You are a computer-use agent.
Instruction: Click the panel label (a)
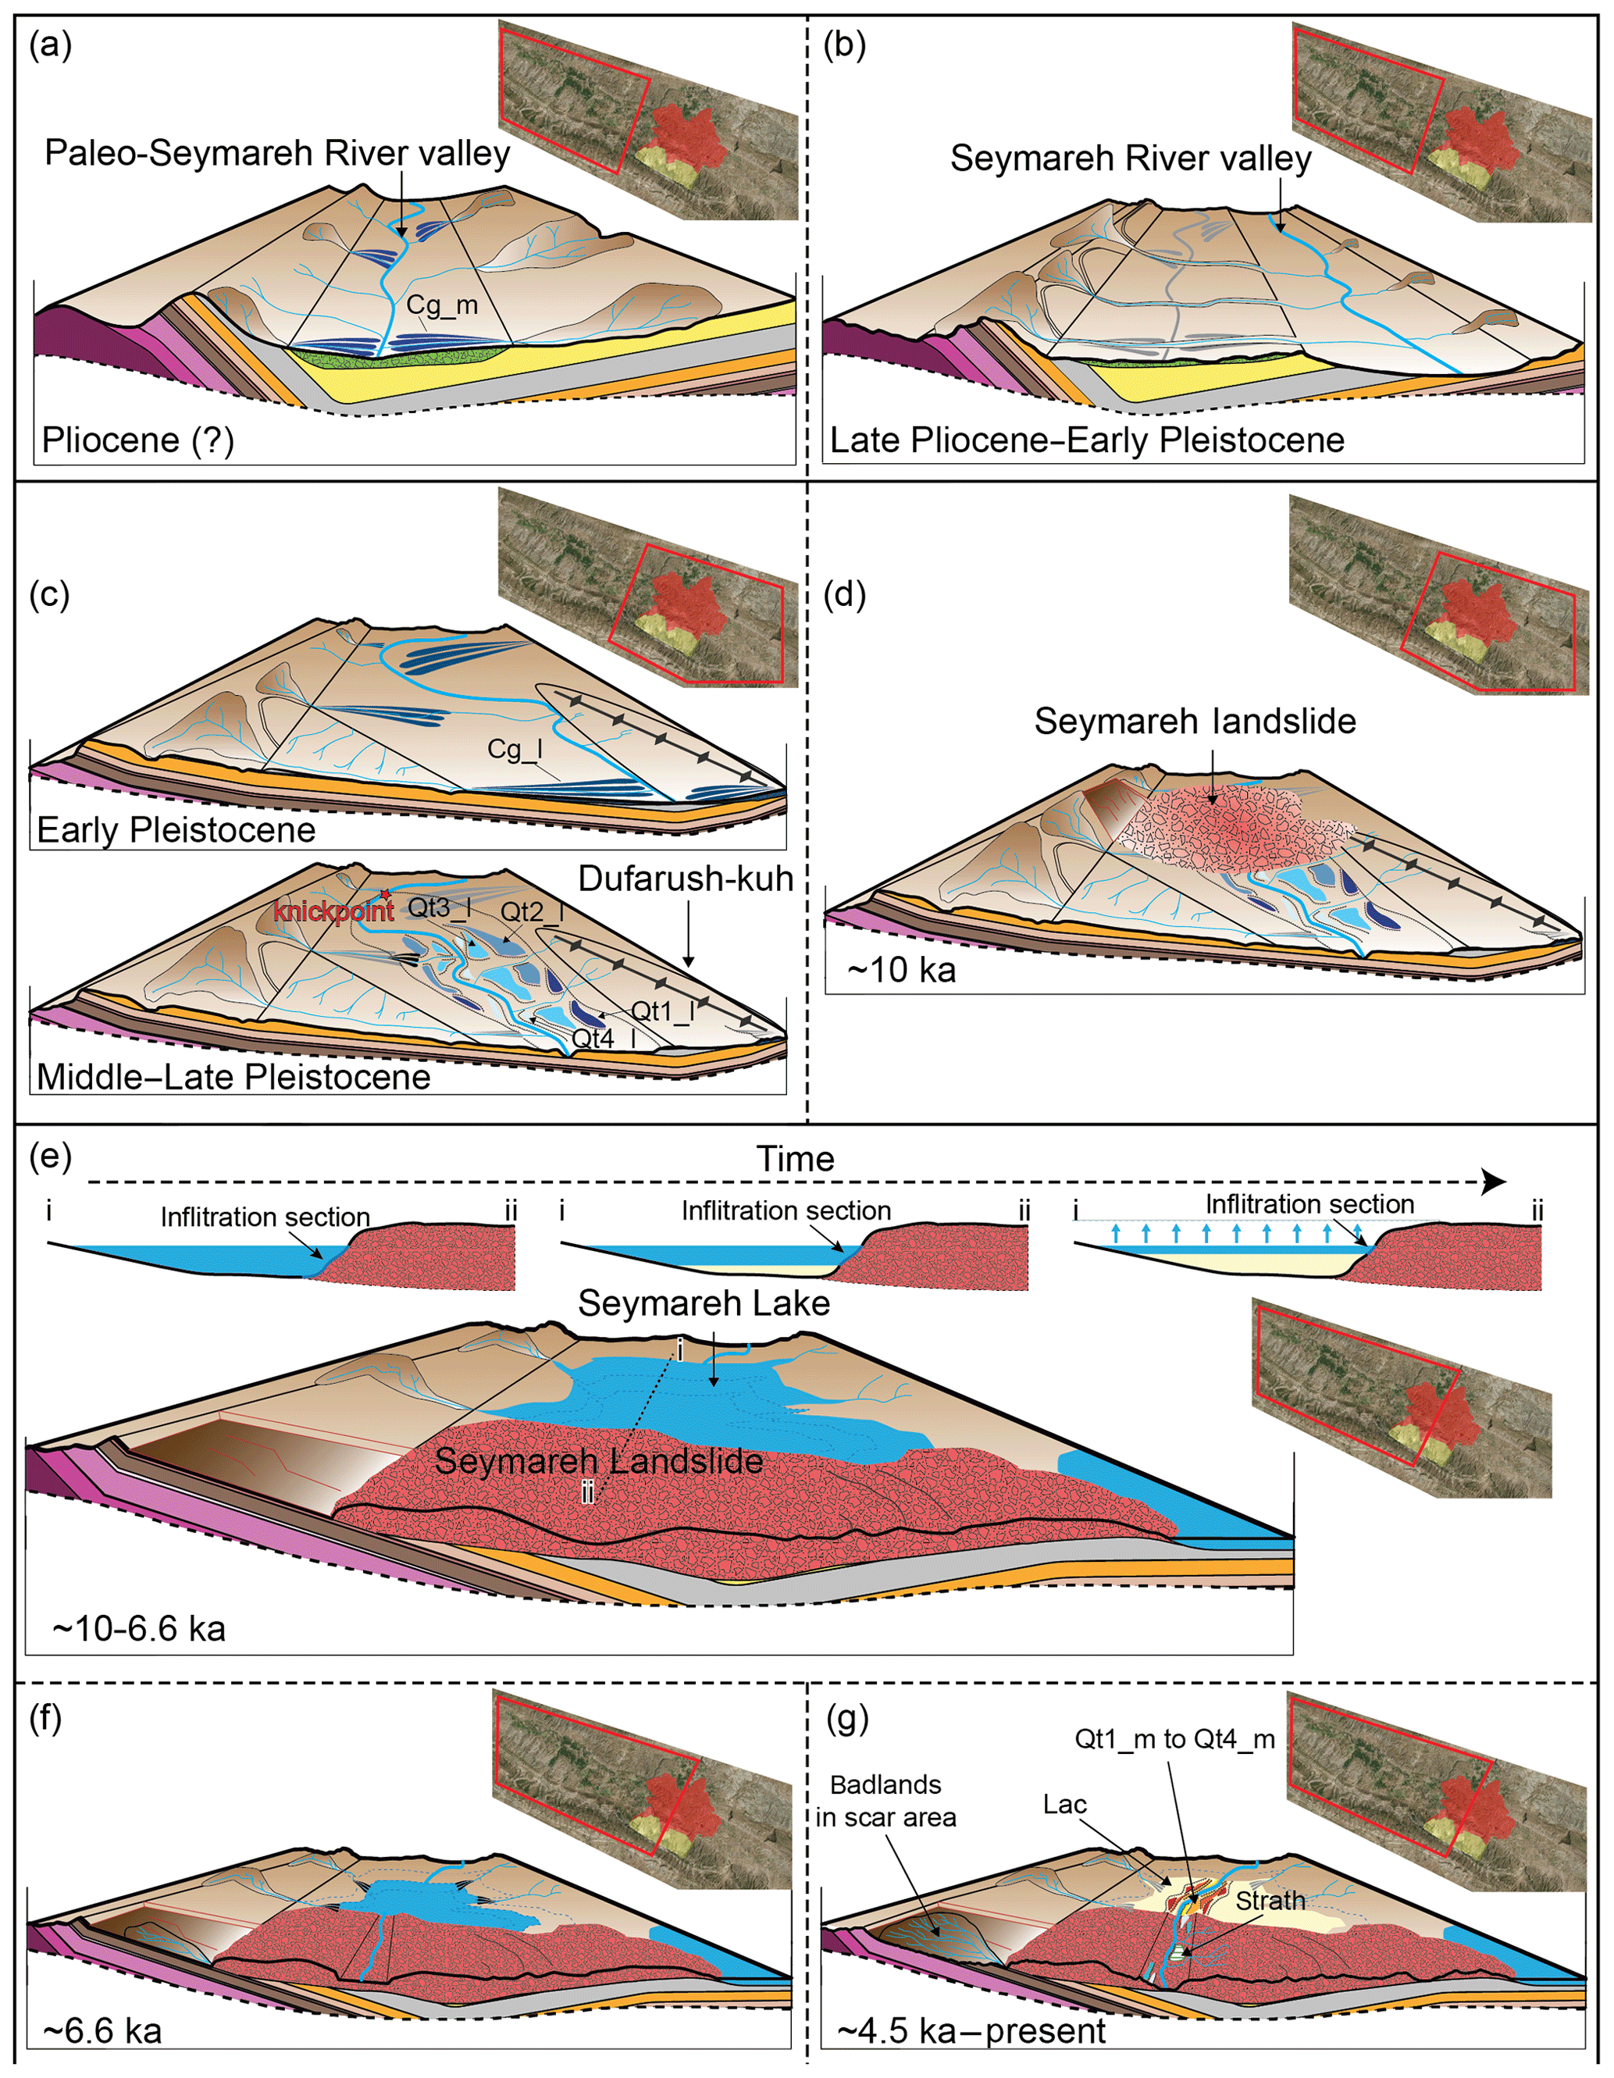point(51,45)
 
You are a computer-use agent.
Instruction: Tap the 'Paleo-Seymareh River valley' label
point(277,153)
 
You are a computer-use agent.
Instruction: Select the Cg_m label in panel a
point(442,305)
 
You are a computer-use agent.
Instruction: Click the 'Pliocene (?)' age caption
point(138,440)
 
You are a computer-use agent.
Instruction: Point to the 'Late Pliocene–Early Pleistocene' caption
point(1087,440)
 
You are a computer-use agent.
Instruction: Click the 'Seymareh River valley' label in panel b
point(1131,158)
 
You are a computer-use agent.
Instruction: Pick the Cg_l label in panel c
point(515,750)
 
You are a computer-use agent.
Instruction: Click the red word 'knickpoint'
point(334,911)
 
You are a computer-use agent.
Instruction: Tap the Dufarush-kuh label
point(686,879)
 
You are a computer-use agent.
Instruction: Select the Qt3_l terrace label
point(440,907)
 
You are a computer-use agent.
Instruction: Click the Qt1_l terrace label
point(663,1010)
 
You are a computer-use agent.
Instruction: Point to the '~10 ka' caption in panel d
point(901,970)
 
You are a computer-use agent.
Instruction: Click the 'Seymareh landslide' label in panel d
point(1195,722)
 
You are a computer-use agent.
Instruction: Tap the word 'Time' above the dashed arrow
point(796,1159)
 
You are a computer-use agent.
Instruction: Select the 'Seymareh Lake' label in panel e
point(704,1303)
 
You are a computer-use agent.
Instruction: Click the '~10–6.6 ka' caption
point(139,1628)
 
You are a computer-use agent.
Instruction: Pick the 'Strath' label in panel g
point(1270,1900)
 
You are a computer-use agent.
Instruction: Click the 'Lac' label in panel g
point(1064,1804)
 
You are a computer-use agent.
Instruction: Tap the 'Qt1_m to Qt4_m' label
point(1174,1739)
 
